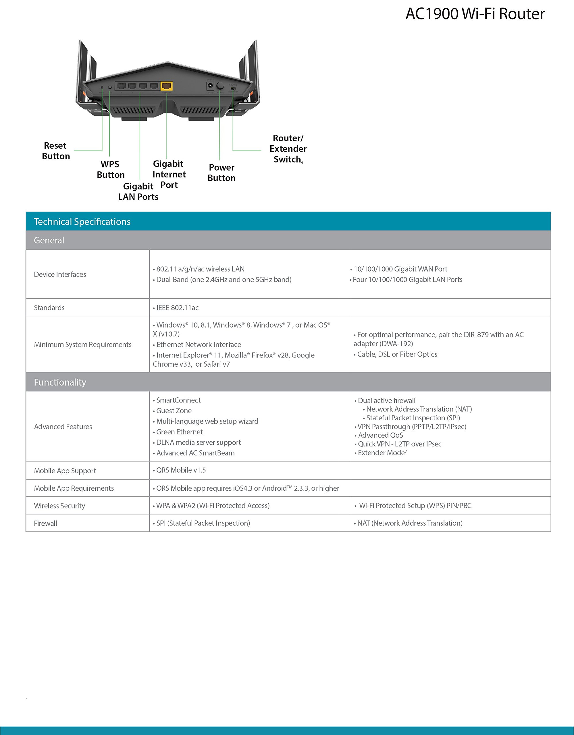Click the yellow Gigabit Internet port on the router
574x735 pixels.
coord(167,86)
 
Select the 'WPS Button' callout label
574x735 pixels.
coord(110,169)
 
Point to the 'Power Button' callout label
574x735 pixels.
coord(221,173)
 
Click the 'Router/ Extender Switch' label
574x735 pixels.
coord(288,149)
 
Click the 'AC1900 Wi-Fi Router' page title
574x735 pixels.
coord(475,14)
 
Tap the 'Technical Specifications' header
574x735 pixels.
coord(82,221)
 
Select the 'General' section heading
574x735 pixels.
coord(49,240)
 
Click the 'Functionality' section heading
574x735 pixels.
coord(60,382)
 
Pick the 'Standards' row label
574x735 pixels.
coord(49,307)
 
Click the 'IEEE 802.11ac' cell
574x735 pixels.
coord(178,307)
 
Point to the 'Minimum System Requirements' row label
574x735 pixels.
coord(83,345)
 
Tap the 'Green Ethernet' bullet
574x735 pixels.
coord(180,432)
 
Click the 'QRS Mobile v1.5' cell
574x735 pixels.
coord(181,470)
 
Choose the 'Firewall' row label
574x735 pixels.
coord(45,523)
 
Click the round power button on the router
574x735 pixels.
coord(220,85)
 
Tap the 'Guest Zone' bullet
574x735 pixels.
coord(174,411)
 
